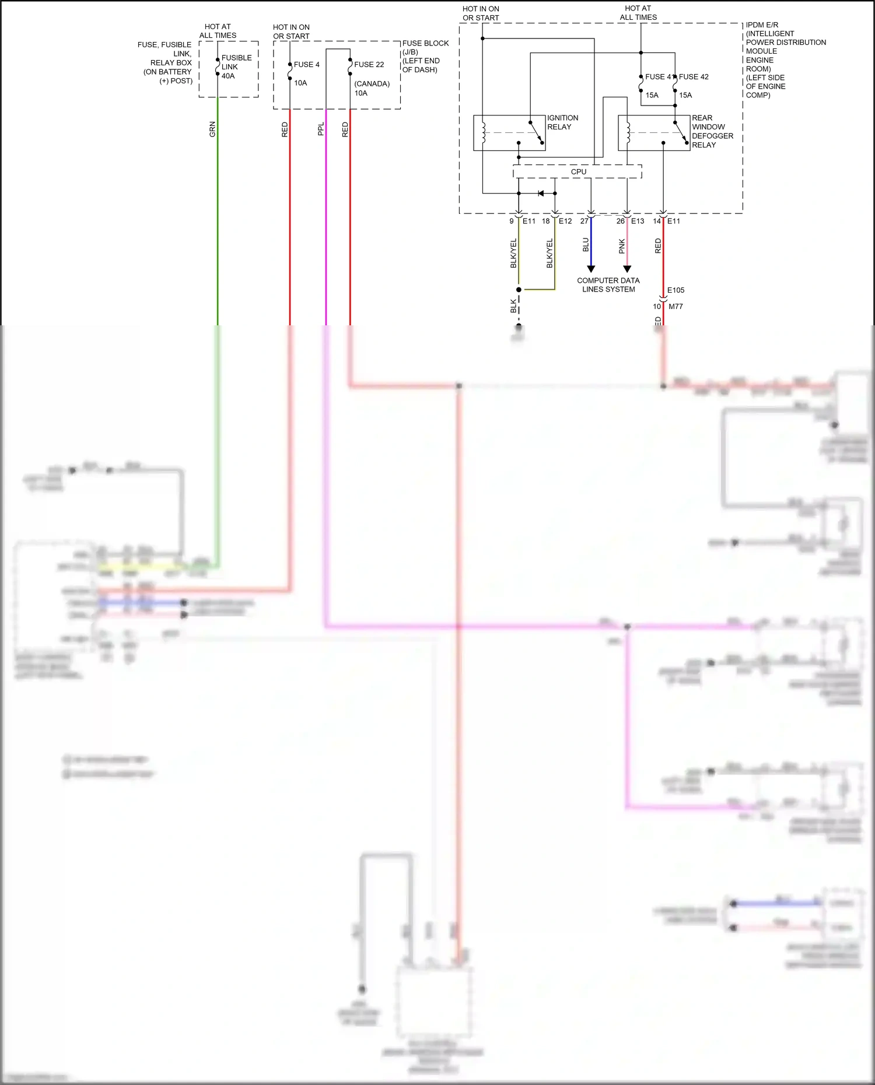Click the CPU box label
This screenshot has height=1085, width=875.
point(579,172)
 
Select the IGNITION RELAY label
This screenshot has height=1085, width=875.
point(562,122)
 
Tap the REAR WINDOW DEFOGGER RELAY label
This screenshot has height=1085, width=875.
point(712,131)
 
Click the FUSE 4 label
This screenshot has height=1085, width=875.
point(306,65)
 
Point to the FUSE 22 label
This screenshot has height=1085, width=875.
point(369,65)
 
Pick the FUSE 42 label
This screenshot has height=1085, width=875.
point(694,77)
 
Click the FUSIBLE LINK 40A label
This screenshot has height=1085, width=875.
point(236,67)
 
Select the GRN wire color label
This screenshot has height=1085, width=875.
point(212,129)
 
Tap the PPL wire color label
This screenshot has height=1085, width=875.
point(321,129)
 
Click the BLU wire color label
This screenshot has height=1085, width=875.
point(586,245)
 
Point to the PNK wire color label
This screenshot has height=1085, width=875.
point(622,247)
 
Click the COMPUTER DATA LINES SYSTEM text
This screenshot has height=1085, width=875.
point(608,285)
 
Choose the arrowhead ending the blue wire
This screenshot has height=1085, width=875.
point(591,269)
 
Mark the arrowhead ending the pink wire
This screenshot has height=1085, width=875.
point(627,269)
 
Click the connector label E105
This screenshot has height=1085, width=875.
point(675,290)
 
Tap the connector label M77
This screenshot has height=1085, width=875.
point(675,307)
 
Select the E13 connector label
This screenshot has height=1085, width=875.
point(638,222)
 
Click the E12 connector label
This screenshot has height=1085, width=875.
point(565,222)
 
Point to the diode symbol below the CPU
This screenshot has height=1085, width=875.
point(541,194)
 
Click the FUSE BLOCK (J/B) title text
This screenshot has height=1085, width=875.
point(425,44)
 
